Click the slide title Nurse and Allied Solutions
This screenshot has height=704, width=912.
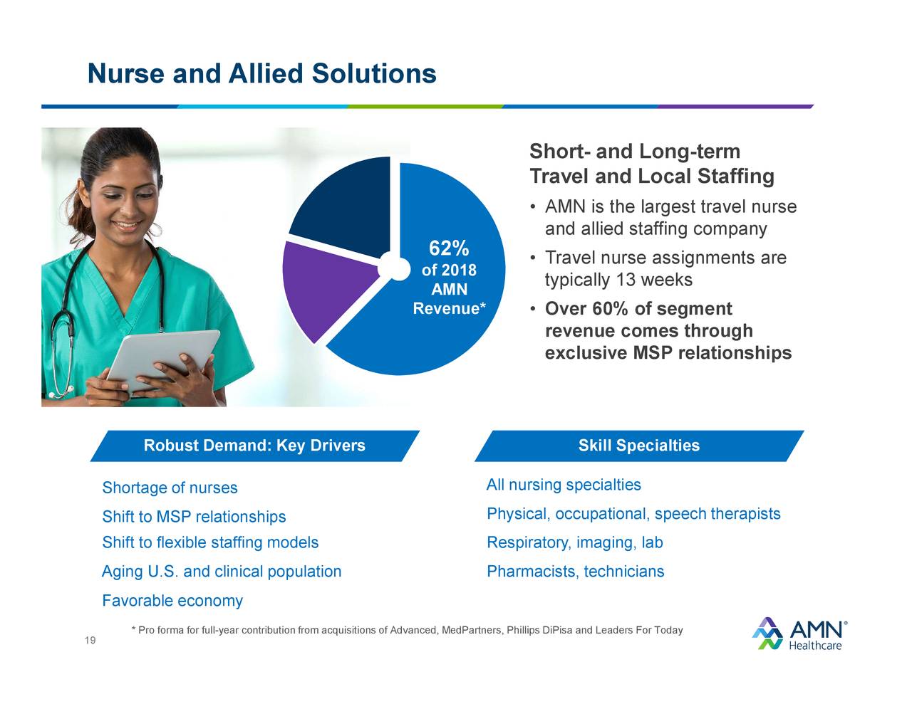coord(261,73)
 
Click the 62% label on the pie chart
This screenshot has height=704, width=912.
coord(448,248)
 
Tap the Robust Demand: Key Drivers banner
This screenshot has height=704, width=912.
coord(254,446)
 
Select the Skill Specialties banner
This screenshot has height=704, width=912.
coord(638,446)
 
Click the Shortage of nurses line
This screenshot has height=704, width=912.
coord(170,488)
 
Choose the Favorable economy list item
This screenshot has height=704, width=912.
coord(172,601)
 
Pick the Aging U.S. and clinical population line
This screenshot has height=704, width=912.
coord(222,572)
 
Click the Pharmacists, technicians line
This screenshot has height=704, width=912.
coord(575,572)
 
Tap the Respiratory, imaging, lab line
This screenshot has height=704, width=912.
coord(574,543)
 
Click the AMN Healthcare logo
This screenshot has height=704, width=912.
coord(799,633)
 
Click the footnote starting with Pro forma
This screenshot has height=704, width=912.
coord(407,630)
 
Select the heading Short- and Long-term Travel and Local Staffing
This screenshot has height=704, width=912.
coord(651,164)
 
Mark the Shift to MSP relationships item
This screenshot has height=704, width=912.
coord(194,517)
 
